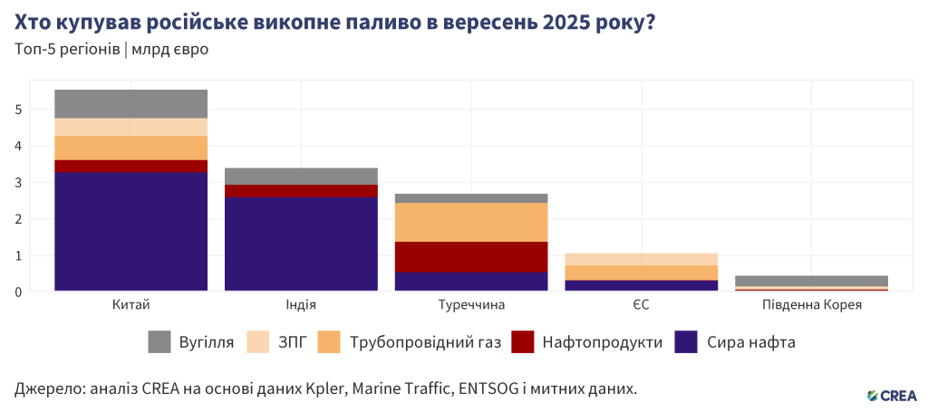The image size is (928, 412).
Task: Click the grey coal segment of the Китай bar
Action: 131,103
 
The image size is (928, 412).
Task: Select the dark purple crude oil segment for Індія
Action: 301,244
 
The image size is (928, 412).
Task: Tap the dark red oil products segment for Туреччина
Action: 471,257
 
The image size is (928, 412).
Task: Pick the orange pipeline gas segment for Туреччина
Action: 471,222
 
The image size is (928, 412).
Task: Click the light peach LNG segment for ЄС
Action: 642,259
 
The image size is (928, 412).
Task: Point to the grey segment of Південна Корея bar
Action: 812,281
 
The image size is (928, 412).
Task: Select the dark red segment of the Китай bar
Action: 131,166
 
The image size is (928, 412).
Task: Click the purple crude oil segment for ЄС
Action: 642,285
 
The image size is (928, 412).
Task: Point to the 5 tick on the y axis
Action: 17,110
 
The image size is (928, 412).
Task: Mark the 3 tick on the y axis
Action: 17,183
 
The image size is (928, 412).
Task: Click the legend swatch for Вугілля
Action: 159,342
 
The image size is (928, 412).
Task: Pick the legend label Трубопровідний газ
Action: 428,342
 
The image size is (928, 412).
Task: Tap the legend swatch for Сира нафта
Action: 686,342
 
